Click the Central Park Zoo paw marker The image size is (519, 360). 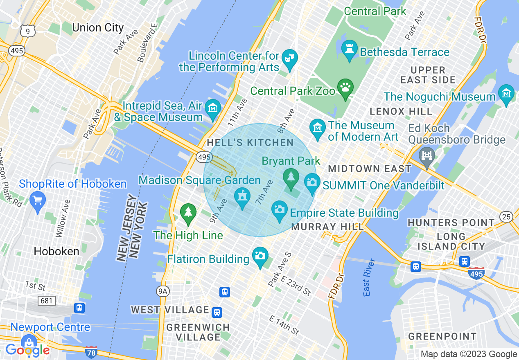point(345,88)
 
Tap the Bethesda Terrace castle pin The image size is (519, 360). point(350,51)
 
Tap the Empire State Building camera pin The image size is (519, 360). point(280,210)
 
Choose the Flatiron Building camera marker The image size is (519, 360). point(260,256)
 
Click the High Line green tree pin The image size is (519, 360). point(188,213)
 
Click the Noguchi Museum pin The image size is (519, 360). point(506,94)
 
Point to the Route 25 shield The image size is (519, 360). point(507,217)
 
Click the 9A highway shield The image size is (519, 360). point(163,291)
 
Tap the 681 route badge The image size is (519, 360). point(46,301)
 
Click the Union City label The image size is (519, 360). point(97,28)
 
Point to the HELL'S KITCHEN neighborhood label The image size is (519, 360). point(250,143)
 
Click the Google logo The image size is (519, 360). point(27,350)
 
